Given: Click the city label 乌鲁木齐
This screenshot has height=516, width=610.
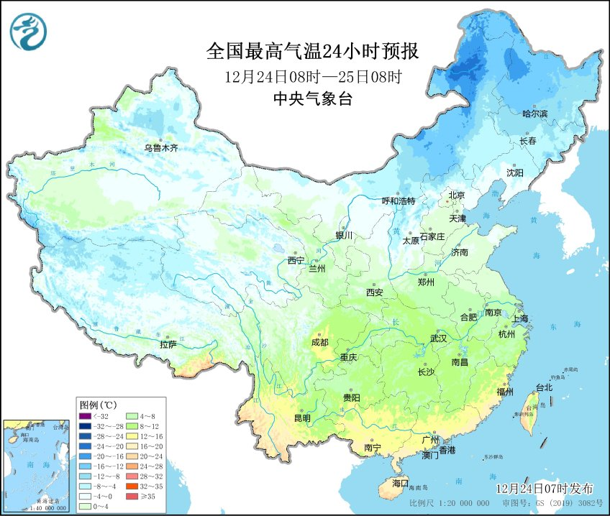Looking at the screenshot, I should [160, 148].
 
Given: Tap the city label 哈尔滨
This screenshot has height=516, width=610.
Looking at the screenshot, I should [534, 114].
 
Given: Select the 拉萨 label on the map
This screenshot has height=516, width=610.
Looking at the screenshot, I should [168, 344].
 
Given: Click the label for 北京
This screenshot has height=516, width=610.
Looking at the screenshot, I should [457, 195].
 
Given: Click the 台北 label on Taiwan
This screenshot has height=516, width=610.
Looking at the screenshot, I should [543, 387].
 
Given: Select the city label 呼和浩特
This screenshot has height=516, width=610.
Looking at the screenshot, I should [398, 201].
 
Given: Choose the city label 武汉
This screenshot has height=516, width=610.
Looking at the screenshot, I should [438, 337].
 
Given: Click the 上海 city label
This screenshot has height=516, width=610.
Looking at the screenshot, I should [519, 318].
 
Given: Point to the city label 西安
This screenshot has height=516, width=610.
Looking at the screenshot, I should [375, 292].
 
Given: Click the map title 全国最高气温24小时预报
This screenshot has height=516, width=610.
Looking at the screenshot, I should [312, 51].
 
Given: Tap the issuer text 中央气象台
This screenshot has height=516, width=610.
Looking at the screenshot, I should [312, 100].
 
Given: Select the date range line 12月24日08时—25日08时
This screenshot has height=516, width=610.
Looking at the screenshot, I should [312, 76].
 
